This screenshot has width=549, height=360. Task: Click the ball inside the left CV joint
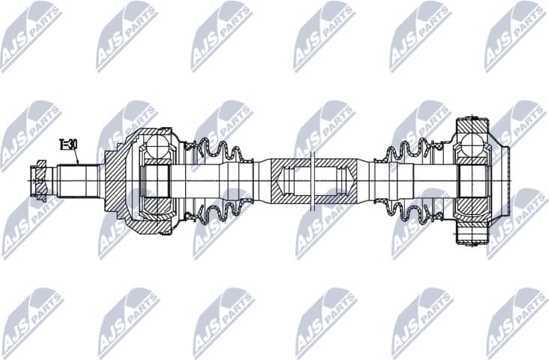coord(157,144)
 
